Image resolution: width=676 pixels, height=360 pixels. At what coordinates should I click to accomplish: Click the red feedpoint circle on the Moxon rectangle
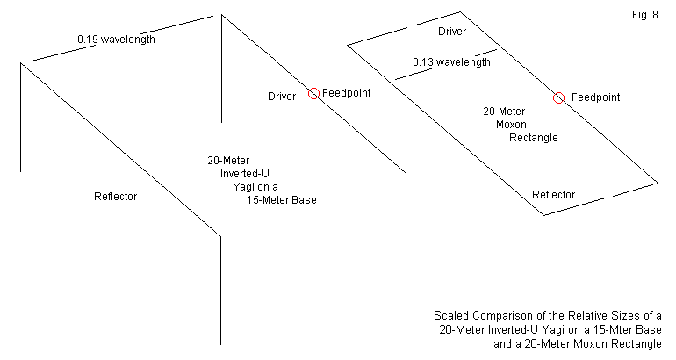(x=558, y=97)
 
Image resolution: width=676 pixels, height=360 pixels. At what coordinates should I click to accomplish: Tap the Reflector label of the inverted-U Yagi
(x=115, y=196)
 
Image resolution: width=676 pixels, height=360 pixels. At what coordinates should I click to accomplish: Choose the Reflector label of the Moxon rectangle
(x=554, y=194)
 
